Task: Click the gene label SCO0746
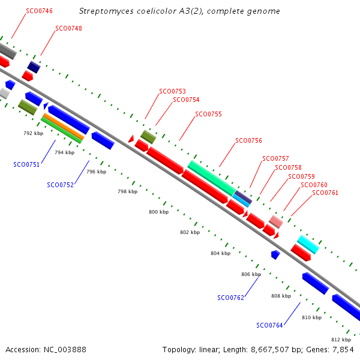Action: tap(40, 11)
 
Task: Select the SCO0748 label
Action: tap(68, 28)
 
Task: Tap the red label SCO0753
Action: tap(172, 92)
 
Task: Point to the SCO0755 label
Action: tap(209, 114)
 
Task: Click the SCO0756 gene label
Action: tap(248, 140)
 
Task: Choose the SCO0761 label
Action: tap(325, 193)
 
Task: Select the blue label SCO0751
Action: tap(26, 164)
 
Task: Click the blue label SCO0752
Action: tap(60, 185)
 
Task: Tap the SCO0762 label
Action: tap(231, 298)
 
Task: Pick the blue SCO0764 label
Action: tap(270, 325)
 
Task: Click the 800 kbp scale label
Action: tap(158, 212)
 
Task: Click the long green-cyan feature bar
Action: tap(211, 178)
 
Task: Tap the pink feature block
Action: tap(275, 222)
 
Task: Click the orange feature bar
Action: tap(62, 127)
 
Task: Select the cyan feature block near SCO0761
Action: tap(308, 244)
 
